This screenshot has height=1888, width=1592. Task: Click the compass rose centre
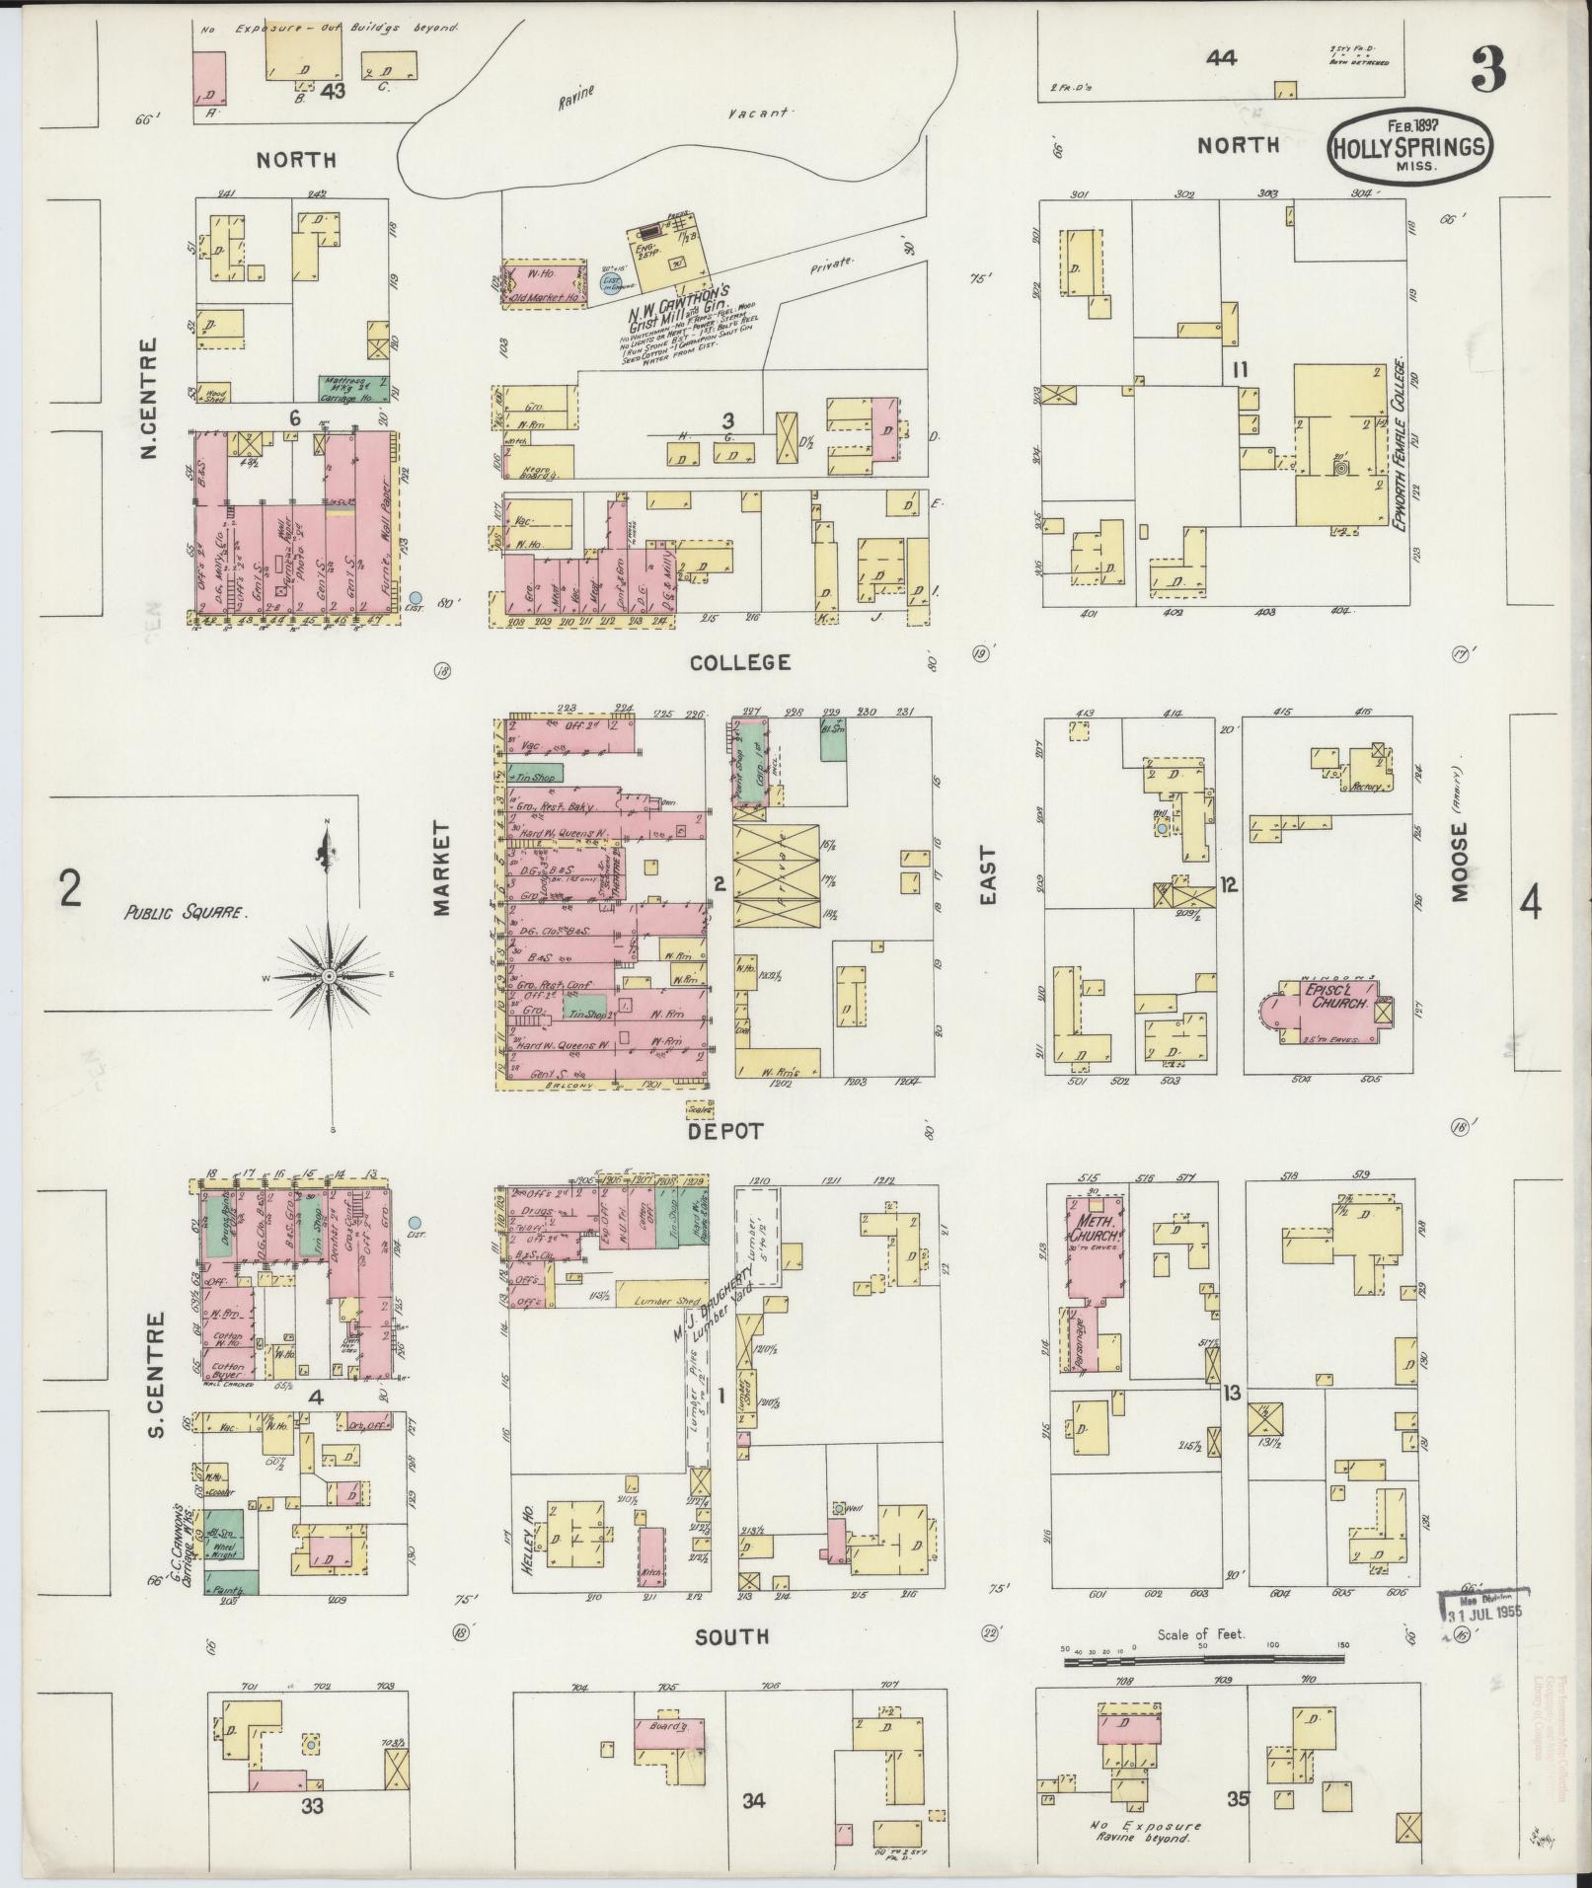[x=328, y=975]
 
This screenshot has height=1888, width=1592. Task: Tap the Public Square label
[x=185, y=913]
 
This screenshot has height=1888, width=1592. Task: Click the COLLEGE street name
[x=741, y=662]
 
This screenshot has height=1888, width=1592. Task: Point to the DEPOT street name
[x=726, y=1131]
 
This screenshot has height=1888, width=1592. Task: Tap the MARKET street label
[x=441, y=868]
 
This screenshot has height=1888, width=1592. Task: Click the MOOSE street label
[x=1460, y=863]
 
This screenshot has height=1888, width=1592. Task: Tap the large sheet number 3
[x=1487, y=70]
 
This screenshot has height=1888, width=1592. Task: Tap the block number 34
[x=754, y=1801]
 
